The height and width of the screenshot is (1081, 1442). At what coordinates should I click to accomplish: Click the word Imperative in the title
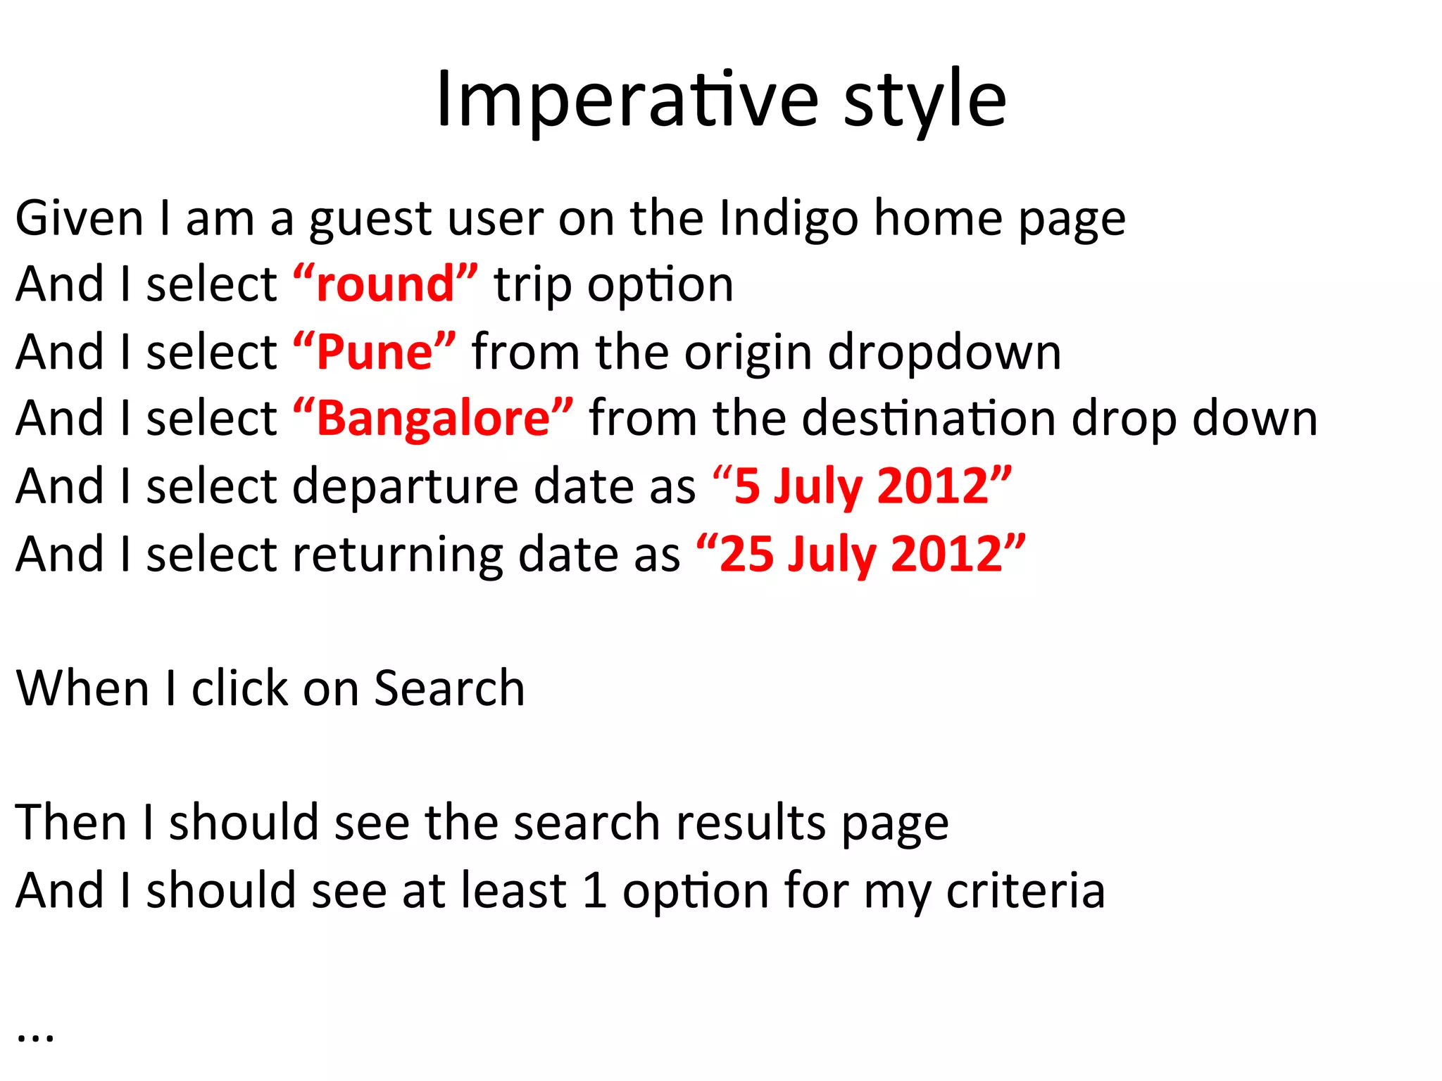[x=627, y=100]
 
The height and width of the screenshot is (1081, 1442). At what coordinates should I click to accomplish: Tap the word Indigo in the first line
[x=789, y=218]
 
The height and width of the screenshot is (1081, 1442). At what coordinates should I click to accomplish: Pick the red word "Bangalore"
[x=433, y=419]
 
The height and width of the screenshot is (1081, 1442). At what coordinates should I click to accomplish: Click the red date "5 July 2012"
[x=862, y=486]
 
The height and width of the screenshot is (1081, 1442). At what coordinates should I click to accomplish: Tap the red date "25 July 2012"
[x=860, y=554]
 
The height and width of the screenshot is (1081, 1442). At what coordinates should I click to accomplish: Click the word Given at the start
[x=80, y=218]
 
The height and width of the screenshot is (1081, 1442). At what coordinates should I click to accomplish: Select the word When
[x=82, y=688]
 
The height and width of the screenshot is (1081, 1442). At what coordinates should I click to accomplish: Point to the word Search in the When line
[x=449, y=688]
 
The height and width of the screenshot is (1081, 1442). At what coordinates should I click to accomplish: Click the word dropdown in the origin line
[x=943, y=352]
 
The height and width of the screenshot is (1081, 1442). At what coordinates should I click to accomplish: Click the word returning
[x=397, y=554]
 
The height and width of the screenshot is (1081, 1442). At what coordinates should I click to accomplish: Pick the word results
[x=751, y=823]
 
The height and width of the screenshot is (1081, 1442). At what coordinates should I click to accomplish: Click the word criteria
[x=1025, y=890]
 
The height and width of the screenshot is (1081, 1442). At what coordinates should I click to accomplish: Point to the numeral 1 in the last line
[x=595, y=890]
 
